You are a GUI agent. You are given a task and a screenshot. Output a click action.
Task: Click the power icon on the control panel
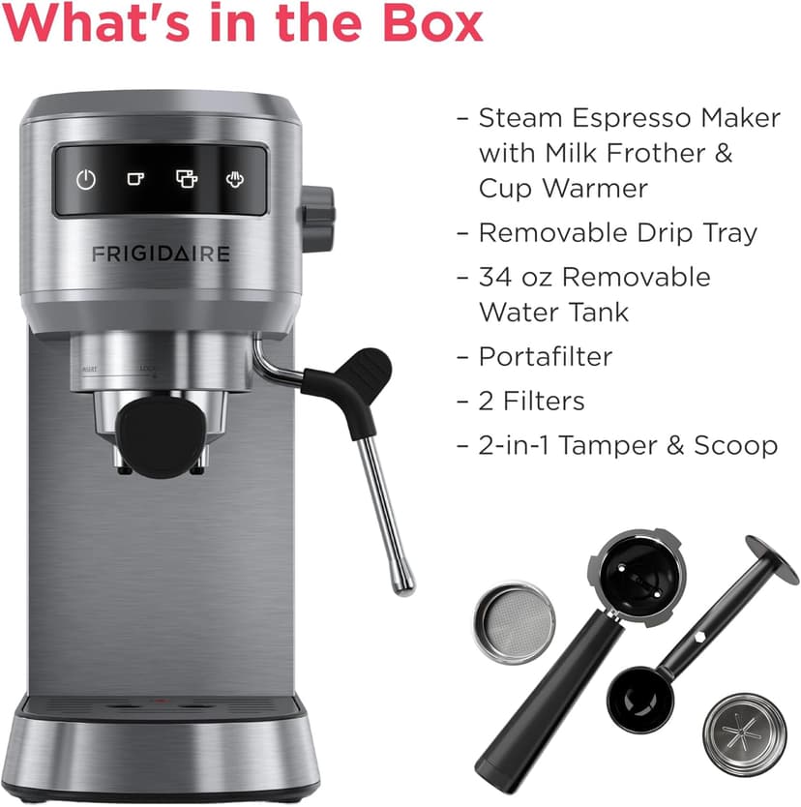tap(87, 180)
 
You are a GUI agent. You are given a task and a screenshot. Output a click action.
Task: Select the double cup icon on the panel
tap(186, 179)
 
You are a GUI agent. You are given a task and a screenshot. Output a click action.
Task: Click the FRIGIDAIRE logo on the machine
tap(161, 254)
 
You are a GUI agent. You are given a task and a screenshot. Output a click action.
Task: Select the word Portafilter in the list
tap(546, 356)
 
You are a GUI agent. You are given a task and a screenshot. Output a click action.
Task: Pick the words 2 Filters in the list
tap(531, 401)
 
